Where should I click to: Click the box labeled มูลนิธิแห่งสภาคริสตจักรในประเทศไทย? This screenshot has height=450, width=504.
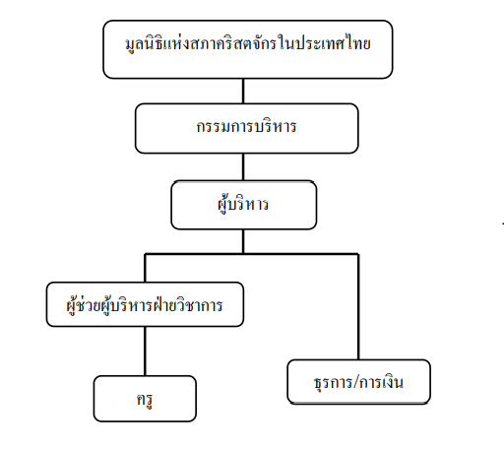point(248,49)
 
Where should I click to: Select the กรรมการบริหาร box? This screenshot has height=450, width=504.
point(247,128)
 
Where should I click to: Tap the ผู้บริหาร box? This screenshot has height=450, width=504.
point(244,205)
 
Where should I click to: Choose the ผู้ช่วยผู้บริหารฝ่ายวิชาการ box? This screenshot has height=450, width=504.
point(145,304)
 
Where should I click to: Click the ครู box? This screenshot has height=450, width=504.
point(145,399)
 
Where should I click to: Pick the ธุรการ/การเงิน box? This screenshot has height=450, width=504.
point(358,382)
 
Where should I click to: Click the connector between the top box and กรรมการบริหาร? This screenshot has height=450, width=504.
point(243,92)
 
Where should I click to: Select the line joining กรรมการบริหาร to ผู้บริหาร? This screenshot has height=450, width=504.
point(243,167)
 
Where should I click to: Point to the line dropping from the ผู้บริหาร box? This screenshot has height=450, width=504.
point(243,241)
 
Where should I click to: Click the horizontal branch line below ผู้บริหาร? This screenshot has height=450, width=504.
point(252,254)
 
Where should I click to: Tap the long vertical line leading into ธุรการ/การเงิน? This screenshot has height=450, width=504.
point(358,307)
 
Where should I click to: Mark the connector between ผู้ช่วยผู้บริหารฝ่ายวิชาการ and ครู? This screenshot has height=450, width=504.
point(145,352)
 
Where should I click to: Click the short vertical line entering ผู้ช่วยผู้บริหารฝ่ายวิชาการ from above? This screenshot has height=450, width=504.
point(145,268)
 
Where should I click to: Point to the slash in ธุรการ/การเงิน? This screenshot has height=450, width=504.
point(357,382)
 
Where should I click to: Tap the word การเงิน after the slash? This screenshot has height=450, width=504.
point(382,382)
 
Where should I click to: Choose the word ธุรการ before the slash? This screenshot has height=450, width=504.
point(334,383)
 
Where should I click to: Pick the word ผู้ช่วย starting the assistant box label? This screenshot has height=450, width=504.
point(83,305)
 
